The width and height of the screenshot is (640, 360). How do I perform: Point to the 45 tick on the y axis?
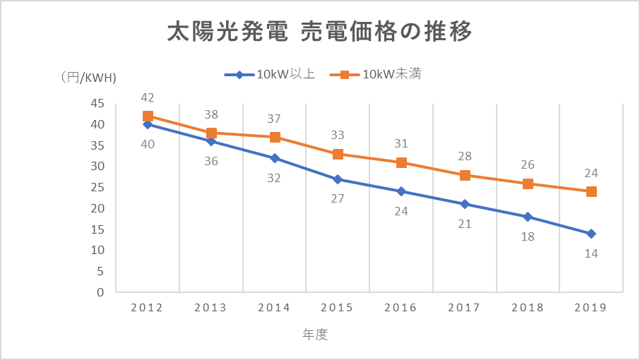(x=97, y=104)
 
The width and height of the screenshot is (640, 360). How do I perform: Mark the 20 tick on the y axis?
(x=97, y=208)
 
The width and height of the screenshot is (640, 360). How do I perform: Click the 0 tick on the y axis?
(x=100, y=292)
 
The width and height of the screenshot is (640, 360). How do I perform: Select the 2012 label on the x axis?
(x=147, y=308)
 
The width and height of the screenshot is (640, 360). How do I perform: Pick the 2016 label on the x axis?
(x=401, y=308)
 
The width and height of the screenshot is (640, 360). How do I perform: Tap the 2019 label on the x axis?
(x=591, y=308)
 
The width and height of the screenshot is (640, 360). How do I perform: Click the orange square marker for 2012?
(x=148, y=116)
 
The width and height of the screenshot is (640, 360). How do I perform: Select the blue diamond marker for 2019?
(x=591, y=234)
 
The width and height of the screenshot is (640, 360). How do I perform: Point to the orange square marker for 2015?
(x=338, y=154)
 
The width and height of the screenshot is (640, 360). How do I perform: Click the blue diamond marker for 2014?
(x=274, y=158)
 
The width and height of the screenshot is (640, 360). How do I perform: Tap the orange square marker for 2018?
(x=528, y=184)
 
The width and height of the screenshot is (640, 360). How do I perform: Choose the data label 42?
(x=148, y=98)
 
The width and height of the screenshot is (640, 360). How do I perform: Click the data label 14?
(x=591, y=253)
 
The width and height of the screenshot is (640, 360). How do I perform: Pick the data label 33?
(x=338, y=135)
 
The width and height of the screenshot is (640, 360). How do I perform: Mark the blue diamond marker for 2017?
(x=465, y=204)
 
